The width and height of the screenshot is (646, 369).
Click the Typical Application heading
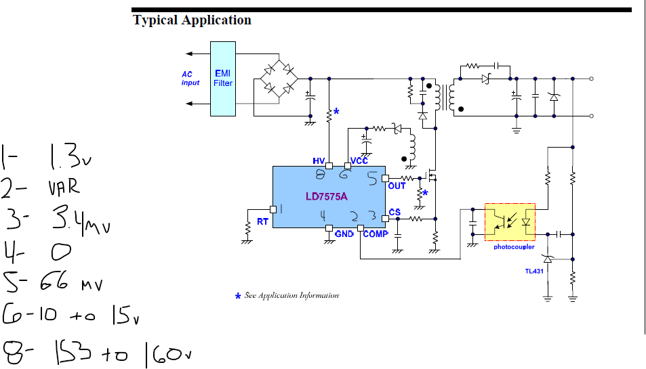(x=192, y=20)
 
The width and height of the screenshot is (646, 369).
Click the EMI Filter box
(x=223, y=78)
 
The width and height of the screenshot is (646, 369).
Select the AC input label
(x=190, y=79)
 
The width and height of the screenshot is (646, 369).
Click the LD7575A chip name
(x=326, y=196)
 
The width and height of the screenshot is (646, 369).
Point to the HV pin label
(x=319, y=161)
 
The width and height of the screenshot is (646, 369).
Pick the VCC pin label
(x=359, y=161)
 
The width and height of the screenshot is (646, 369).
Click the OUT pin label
(x=397, y=186)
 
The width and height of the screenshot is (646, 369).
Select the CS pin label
(x=395, y=212)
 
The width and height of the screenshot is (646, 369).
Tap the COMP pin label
(x=376, y=234)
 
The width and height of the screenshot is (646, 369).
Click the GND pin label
(x=344, y=234)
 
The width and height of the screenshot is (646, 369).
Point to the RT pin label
(x=262, y=222)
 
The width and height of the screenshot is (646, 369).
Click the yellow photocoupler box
(x=510, y=221)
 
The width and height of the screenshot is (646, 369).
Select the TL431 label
(x=534, y=271)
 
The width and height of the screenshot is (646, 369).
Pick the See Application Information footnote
(x=291, y=296)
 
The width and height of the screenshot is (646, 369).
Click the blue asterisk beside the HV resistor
(x=336, y=112)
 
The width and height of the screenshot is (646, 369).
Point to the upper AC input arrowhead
(x=189, y=53)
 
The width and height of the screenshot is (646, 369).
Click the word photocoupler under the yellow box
(x=514, y=247)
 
